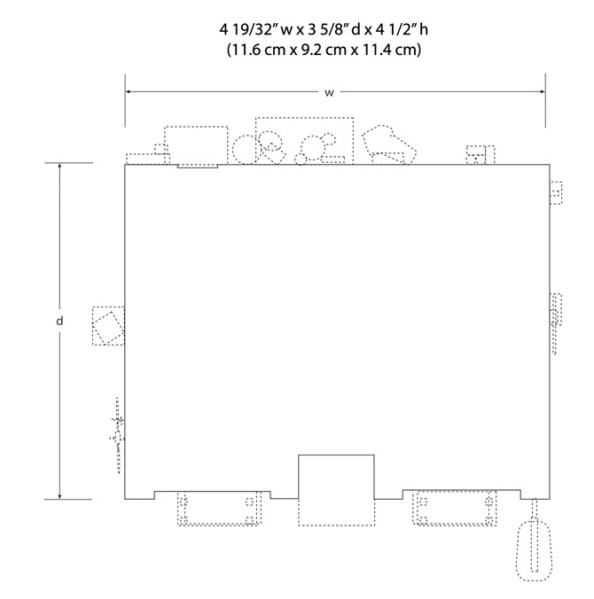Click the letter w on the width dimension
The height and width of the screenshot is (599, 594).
(329, 93)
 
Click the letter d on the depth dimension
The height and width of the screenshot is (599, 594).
(59, 321)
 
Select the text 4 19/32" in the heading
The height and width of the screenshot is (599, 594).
(248, 29)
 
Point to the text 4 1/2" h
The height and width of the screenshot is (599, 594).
(403, 29)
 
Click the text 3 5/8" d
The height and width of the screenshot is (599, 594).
(333, 29)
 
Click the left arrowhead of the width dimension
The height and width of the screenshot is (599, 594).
(129, 91)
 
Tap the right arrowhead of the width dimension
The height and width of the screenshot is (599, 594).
(542, 91)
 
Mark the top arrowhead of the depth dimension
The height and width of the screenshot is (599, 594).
(59, 167)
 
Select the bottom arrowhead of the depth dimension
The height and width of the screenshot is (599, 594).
(59, 496)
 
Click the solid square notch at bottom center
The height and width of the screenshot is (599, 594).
(336, 455)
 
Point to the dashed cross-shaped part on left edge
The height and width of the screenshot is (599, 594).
(118, 435)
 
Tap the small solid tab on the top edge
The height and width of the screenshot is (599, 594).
(198, 167)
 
